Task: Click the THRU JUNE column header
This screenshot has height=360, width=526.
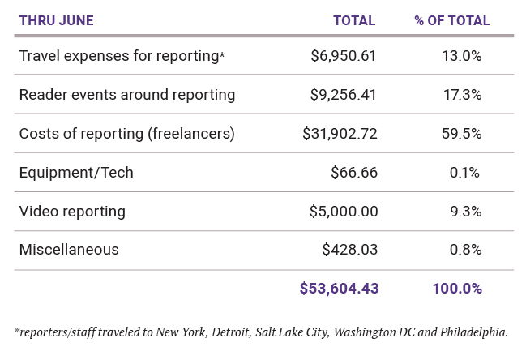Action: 58,21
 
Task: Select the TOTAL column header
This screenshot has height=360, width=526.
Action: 354,21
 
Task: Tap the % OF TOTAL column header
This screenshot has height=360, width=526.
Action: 451,21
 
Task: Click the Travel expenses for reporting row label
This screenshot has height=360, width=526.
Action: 122,56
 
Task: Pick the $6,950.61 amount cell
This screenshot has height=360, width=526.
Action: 344,56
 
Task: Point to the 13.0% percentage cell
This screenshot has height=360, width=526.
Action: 464,56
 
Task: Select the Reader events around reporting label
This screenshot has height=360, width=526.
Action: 127,95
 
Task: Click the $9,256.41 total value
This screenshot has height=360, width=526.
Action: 344,95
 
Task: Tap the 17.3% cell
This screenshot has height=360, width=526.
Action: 464,95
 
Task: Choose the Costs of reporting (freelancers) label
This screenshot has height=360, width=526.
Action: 127,134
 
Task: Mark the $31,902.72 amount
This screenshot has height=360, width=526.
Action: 340,134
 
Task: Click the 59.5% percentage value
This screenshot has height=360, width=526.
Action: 464,134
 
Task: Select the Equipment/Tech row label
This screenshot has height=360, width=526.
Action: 76,173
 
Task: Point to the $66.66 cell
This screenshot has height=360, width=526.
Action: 354,173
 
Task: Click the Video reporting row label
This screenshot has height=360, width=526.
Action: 72,212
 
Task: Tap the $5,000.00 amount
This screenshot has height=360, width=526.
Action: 344,212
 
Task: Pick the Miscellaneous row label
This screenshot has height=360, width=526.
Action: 69,250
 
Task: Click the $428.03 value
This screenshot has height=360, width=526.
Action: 349,250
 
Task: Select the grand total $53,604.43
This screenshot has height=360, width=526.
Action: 339,289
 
